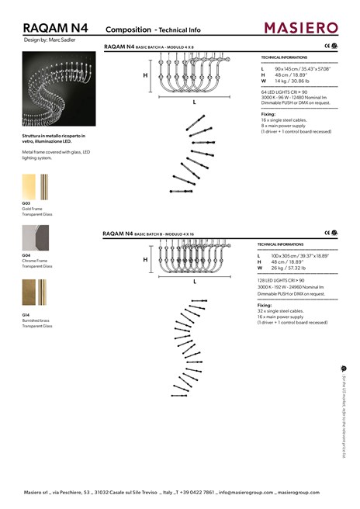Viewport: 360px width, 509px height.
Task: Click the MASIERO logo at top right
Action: coord(301,28)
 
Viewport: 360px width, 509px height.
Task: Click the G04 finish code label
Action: coord(26,254)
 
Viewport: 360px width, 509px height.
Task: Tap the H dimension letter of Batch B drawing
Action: coord(145,260)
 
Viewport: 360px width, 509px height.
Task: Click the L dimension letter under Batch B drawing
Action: coord(195,282)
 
